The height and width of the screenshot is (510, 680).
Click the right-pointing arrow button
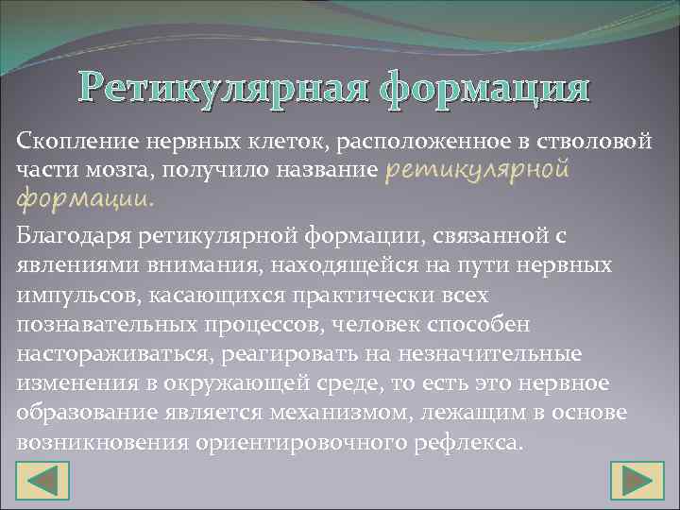click(637, 479)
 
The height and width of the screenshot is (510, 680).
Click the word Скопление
click(76, 141)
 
